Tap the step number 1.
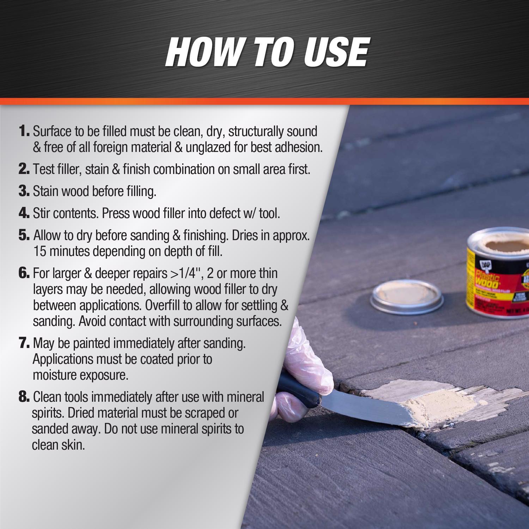click(24, 131)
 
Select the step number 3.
click(24, 191)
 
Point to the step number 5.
click(24, 235)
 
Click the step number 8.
click(24, 397)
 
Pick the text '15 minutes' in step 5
click(62, 251)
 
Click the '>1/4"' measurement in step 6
click(183, 273)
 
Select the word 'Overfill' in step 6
click(162, 305)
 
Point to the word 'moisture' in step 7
click(55, 375)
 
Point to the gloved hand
click(303, 367)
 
